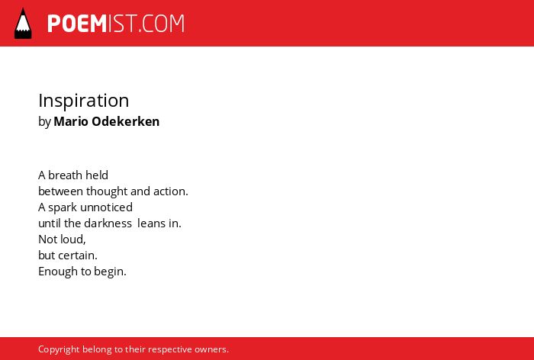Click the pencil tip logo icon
click(23, 24)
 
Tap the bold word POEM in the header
click(77, 24)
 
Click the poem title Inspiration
click(84, 101)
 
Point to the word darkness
click(108, 223)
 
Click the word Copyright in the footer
click(59, 349)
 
